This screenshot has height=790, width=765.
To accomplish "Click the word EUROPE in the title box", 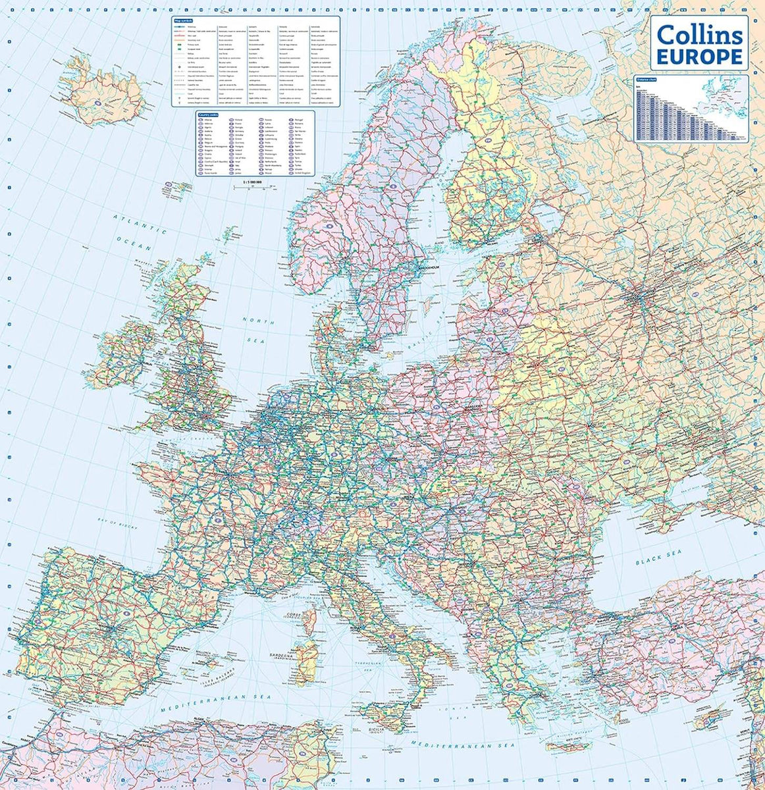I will pyautogui.click(x=700, y=56).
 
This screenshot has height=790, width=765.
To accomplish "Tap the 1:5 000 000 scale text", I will pyautogui.click(x=253, y=181).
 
